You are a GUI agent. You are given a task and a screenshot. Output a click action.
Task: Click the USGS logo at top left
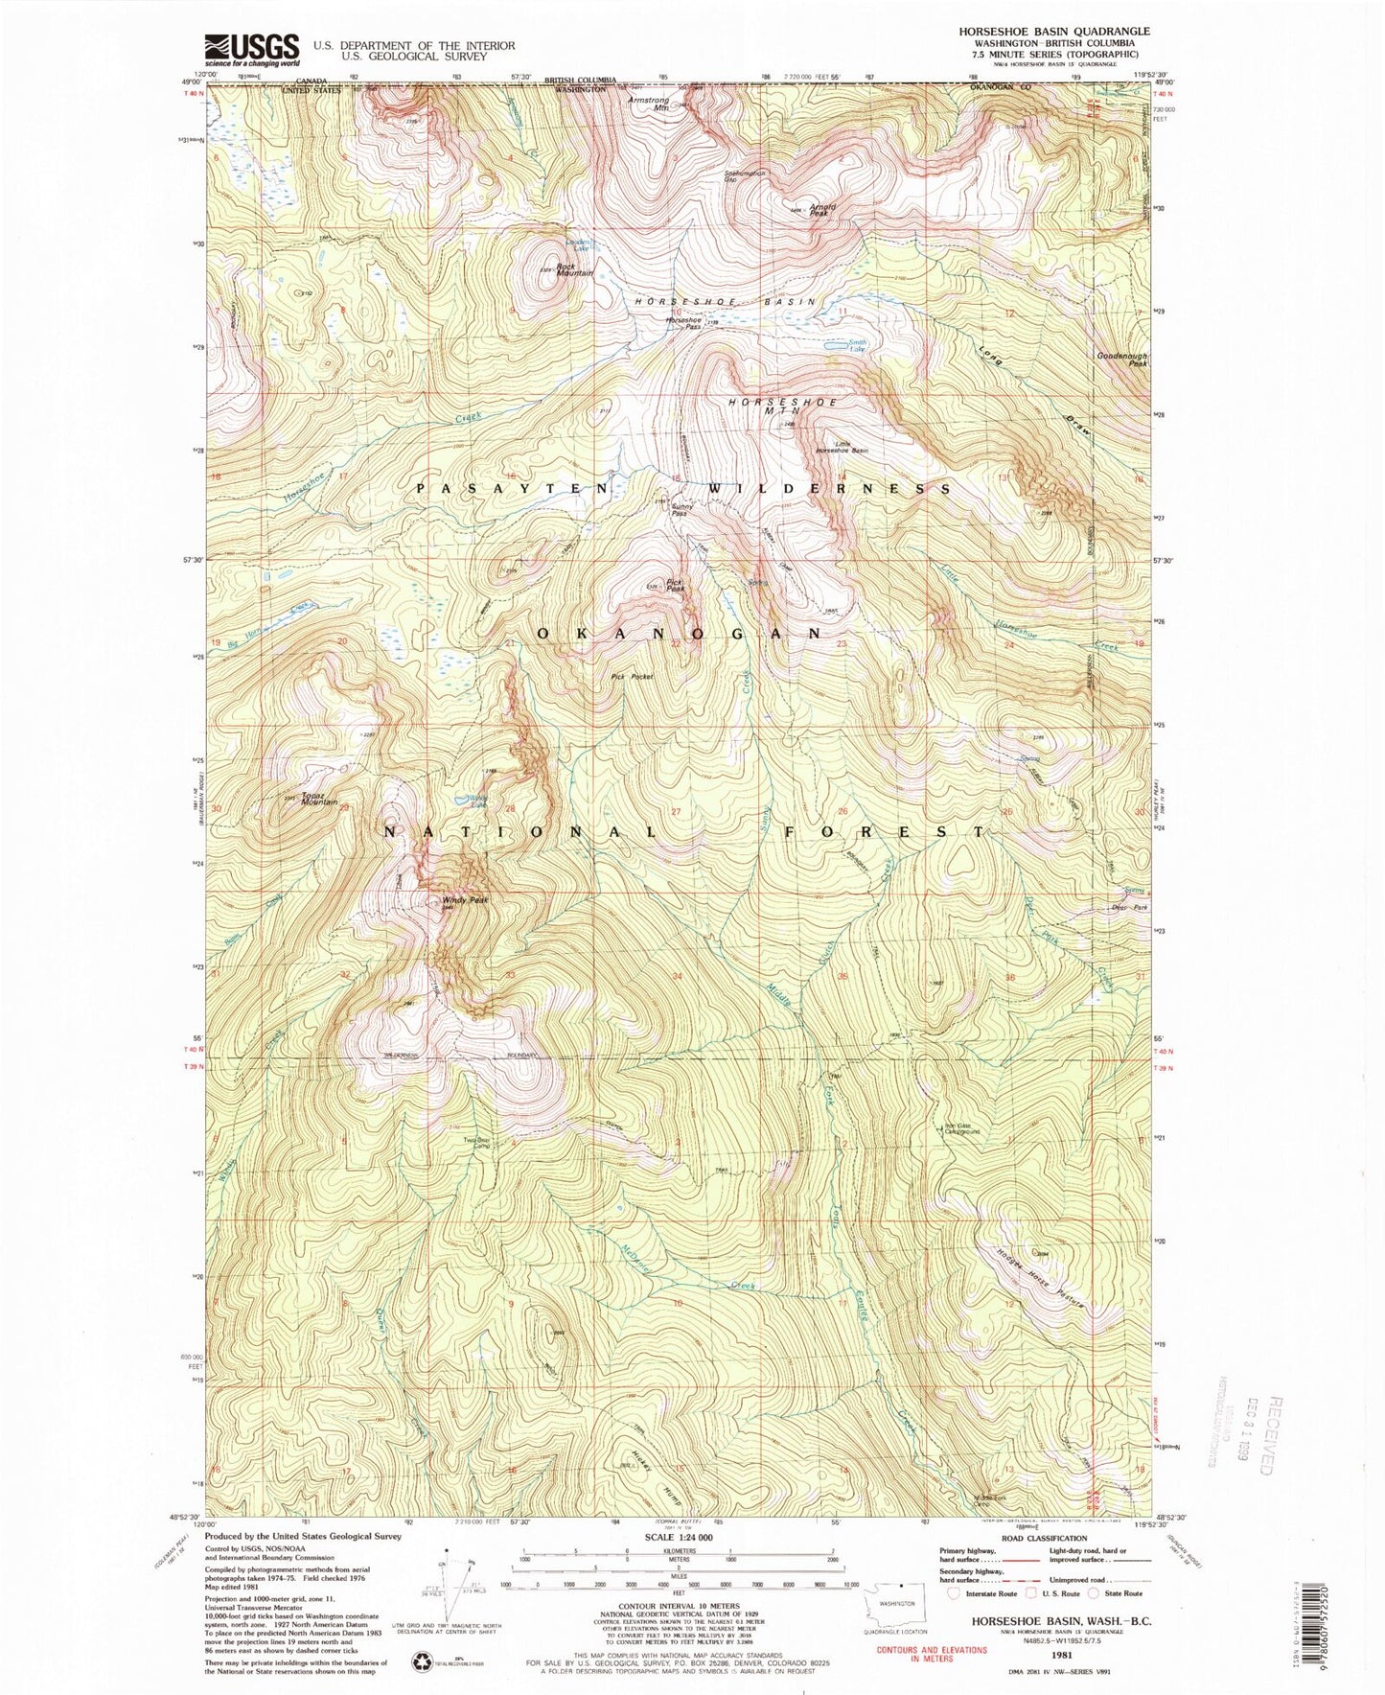coord(251,48)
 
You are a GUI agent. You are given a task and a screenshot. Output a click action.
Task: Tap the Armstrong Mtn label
coord(649,103)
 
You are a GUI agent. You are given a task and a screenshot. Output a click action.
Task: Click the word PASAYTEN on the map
coord(513,488)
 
